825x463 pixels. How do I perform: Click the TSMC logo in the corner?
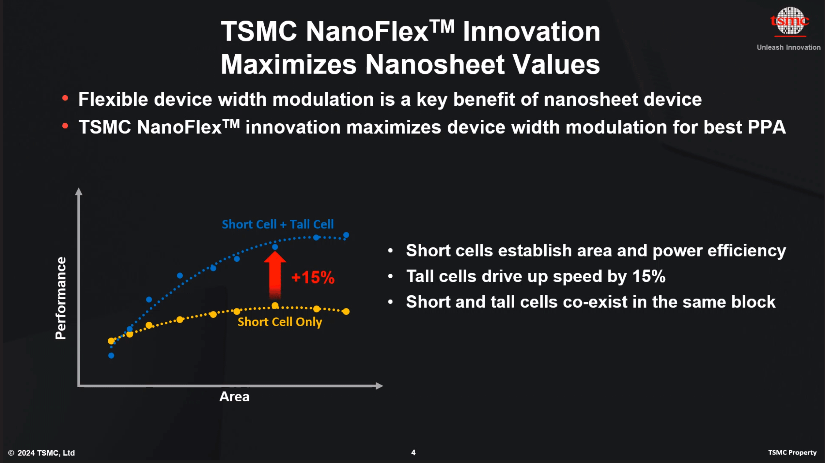[790, 22]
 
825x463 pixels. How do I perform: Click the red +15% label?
[313, 277]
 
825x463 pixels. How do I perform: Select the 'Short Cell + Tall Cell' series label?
[278, 224]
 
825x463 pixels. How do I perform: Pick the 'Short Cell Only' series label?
[280, 322]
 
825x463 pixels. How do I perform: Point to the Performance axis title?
[61, 298]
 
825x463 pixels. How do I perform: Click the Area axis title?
[234, 397]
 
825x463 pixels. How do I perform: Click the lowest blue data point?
[111, 355]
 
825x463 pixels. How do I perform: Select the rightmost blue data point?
[346, 235]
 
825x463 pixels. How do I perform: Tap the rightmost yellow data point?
[346, 312]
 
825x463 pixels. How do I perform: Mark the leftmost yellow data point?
[111, 341]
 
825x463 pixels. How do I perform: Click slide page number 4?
[413, 453]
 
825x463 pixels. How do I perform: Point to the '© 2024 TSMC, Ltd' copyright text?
[41, 453]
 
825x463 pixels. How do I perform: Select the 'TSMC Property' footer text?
[792, 453]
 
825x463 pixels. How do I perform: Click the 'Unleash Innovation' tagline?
[788, 48]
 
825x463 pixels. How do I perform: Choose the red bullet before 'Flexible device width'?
[65, 98]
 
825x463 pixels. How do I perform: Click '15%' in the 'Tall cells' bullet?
[649, 276]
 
